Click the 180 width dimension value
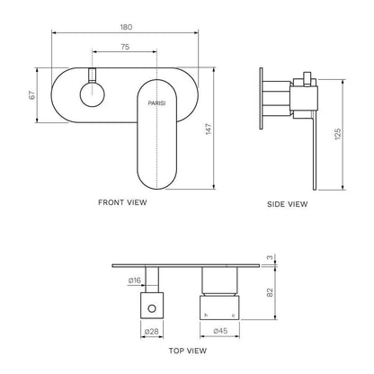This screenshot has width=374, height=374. tap(126, 27)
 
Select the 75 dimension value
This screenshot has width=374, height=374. tap(125, 47)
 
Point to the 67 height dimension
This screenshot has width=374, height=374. tap(32, 95)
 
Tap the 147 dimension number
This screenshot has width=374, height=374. tap(209, 129)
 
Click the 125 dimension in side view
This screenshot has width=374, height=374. tap(338, 134)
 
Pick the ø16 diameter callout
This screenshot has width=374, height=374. tap(135, 280)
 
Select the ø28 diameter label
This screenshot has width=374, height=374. tap(152, 331)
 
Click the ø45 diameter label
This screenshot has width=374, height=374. tap(220, 331)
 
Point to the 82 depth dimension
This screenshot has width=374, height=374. tap(270, 292)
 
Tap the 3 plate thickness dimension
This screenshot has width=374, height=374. tap(270, 257)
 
